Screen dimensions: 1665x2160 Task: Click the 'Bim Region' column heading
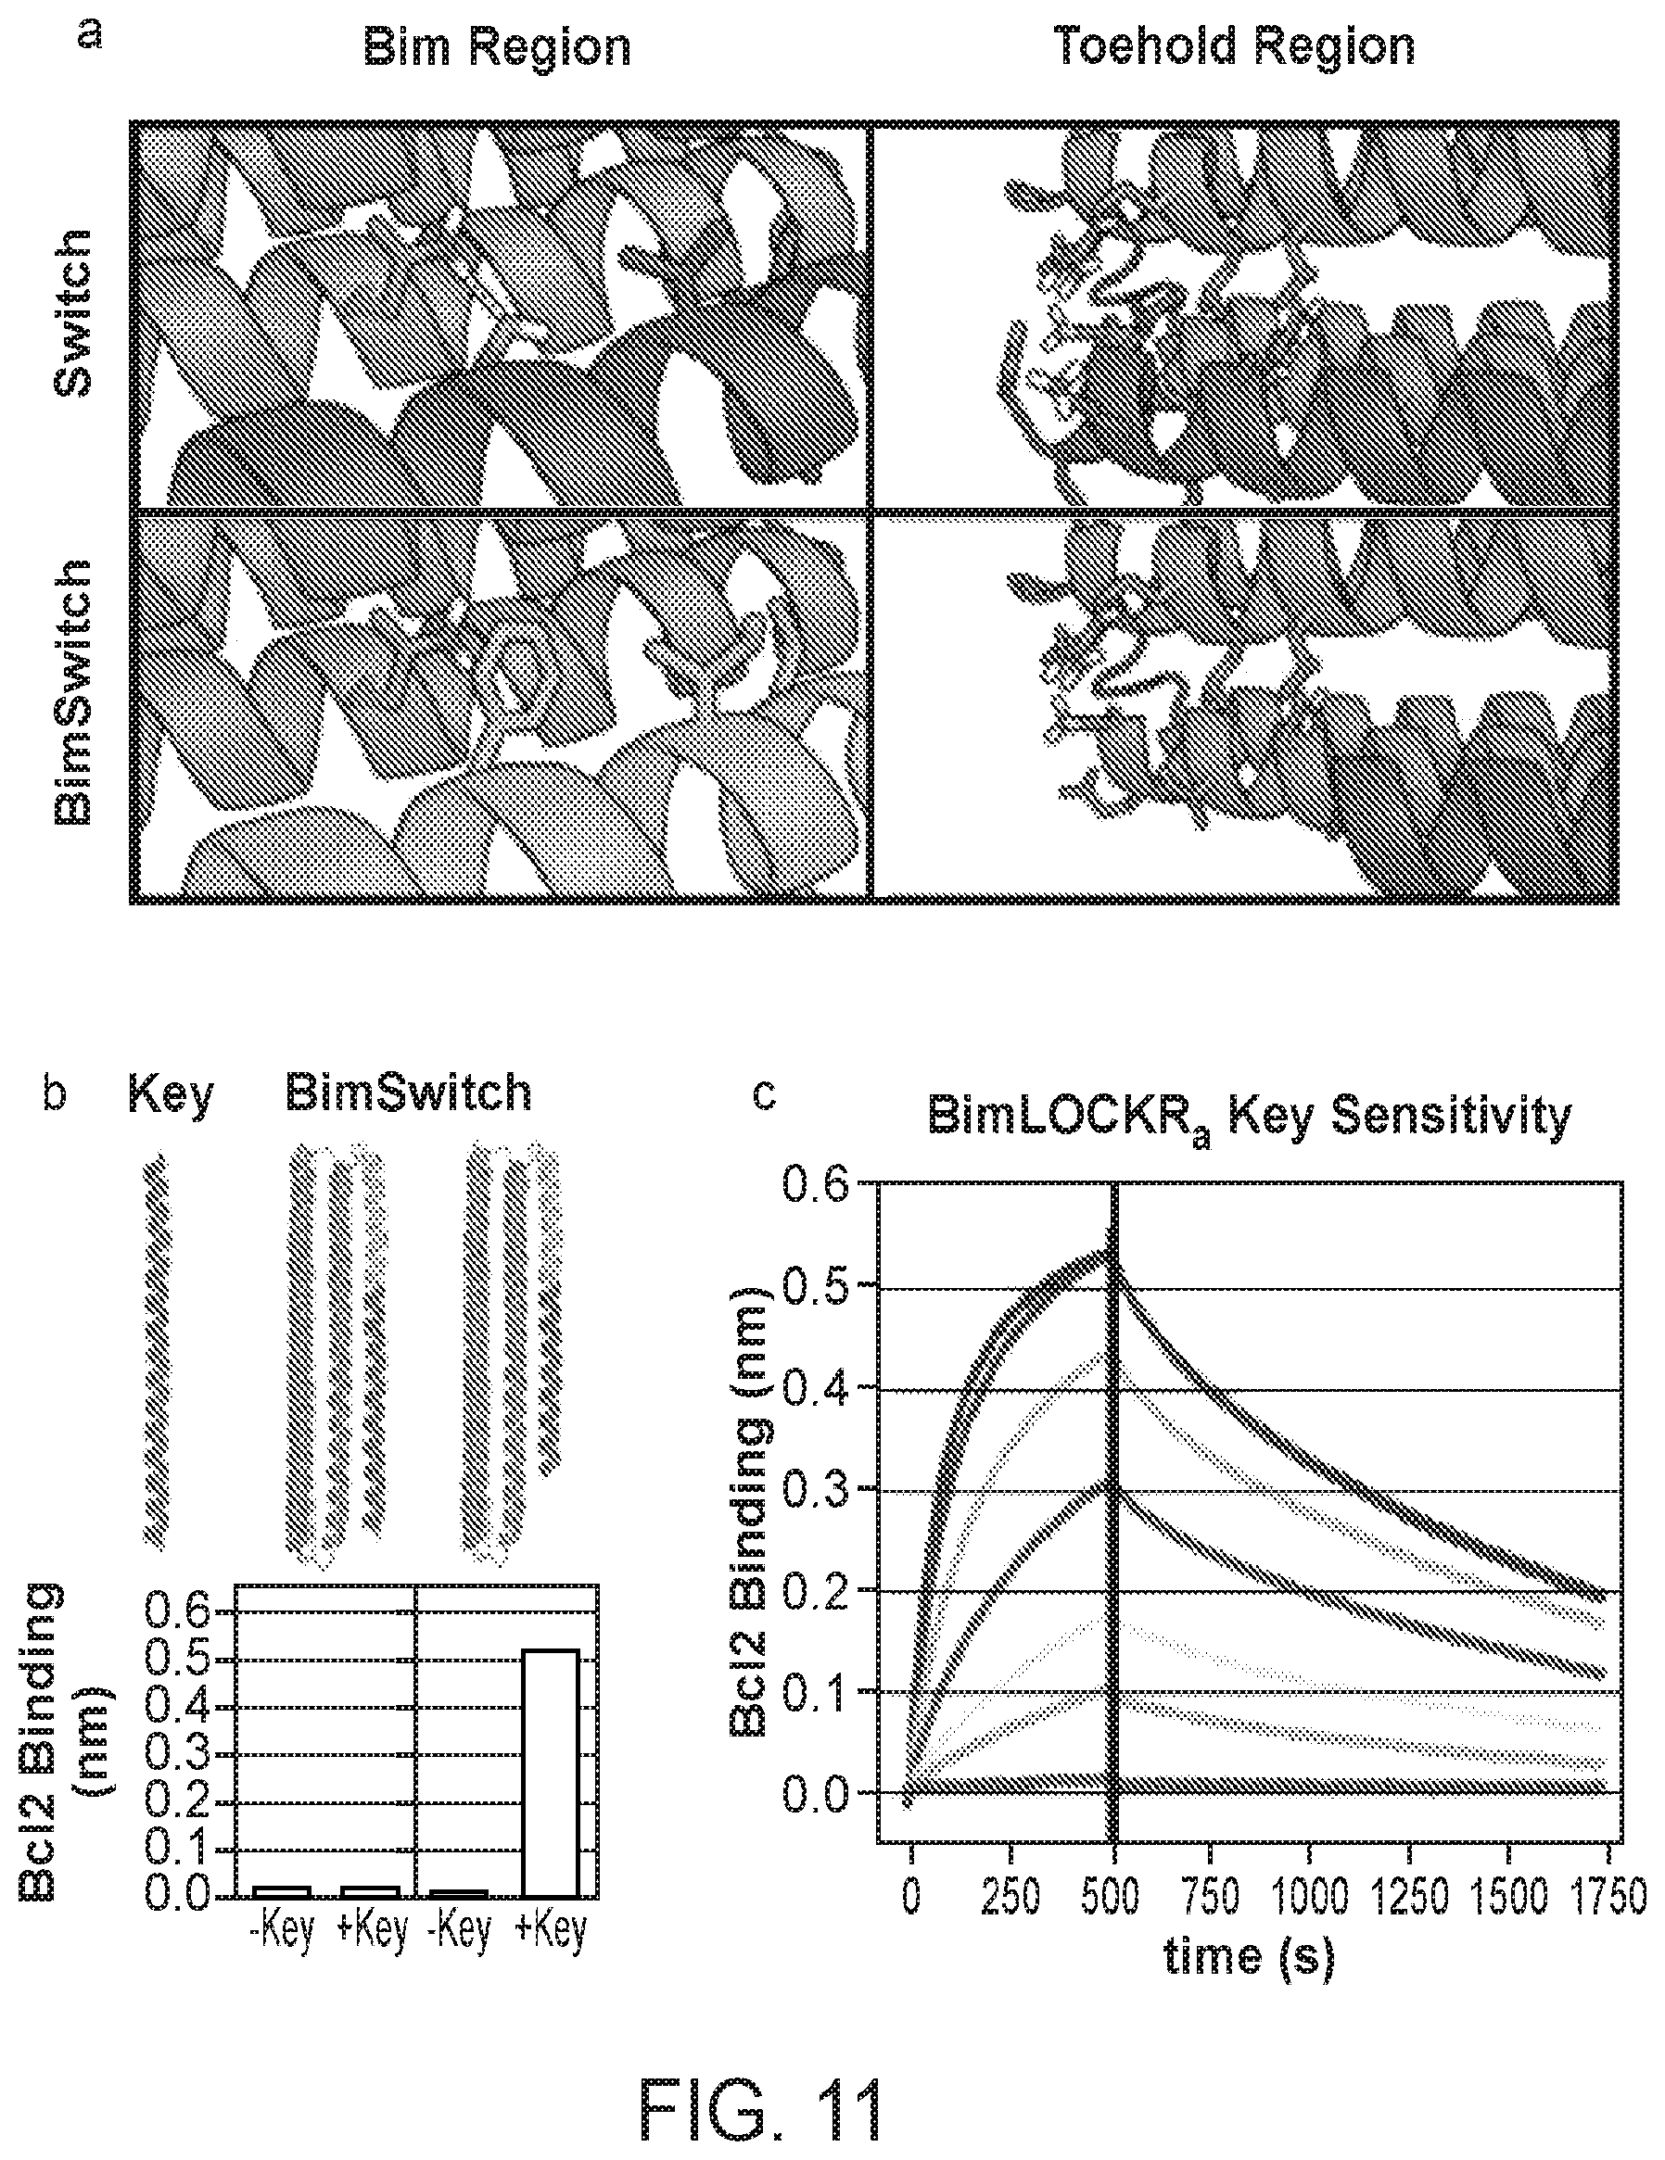[x=497, y=47]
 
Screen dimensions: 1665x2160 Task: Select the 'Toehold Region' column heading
[x=1235, y=46]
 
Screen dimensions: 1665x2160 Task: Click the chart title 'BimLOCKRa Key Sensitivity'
[x=1249, y=1118]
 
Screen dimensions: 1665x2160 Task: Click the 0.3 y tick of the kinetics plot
[x=817, y=1489]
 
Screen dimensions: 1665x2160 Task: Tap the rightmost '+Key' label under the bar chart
[x=551, y=1928]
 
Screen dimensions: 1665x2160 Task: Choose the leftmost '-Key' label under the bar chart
[x=282, y=1928]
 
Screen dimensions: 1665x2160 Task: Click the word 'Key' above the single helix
[x=171, y=1093]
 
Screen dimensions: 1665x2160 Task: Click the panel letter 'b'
[x=56, y=1093]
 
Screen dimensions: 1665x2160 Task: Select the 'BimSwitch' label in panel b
[x=409, y=1093]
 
